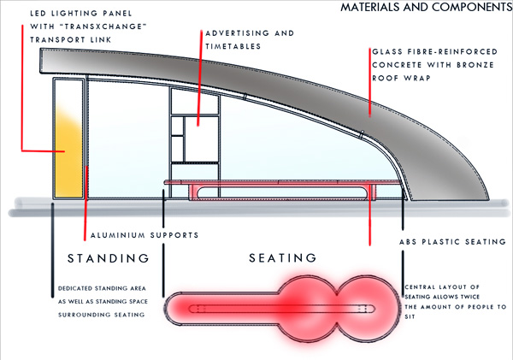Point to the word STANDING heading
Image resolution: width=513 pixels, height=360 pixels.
109,257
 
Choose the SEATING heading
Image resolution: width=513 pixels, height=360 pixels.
282,257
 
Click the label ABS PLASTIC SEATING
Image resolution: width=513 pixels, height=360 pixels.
452,242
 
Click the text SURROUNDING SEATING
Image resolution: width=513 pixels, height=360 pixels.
99,316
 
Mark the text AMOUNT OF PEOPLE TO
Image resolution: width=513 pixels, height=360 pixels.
457,306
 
